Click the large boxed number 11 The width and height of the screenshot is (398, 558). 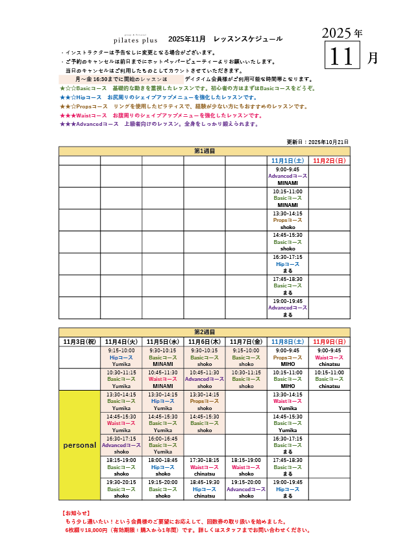tap(341, 56)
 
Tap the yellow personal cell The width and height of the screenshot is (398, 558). tap(79, 445)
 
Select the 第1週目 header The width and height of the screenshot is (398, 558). tap(204, 151)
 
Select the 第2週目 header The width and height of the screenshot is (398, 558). tap(204, 332)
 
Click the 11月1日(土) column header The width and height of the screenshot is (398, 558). tap(287, 160)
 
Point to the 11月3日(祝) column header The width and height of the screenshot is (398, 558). tap(79, 341)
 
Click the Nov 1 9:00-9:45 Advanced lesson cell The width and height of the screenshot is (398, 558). tap(287, 176)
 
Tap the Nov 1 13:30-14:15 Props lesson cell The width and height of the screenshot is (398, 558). tap(287, 220)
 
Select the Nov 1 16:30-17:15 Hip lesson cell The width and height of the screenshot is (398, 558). tap(287, 264)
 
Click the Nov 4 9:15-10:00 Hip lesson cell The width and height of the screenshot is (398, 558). tap(121, 357)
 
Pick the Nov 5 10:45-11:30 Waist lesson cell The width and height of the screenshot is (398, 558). tap(162, 379)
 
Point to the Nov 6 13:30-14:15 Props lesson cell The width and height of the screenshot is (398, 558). tap(204, 401)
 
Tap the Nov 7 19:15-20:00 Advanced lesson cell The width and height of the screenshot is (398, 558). tap(245, 489)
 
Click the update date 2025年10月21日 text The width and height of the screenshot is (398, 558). tap(317, 141)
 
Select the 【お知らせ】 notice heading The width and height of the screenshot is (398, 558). tap(74, 513)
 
